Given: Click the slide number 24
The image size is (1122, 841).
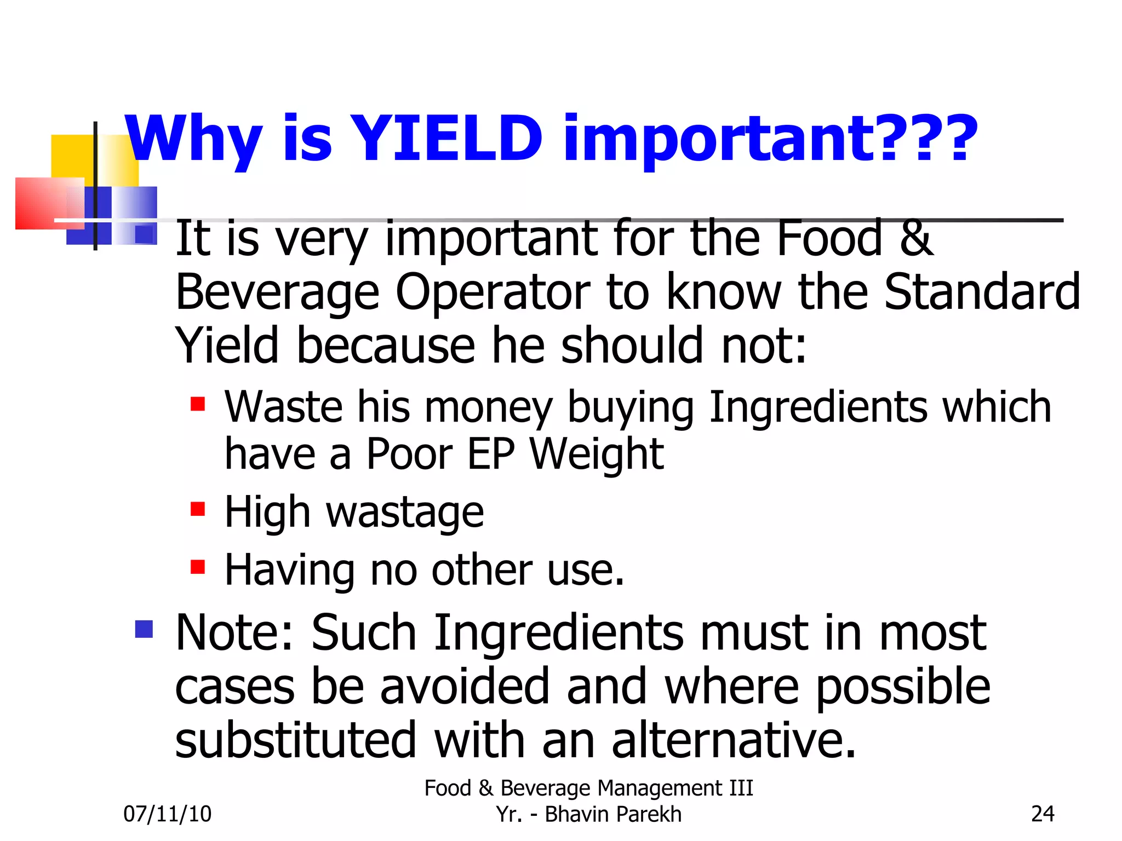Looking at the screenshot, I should [1042, 814].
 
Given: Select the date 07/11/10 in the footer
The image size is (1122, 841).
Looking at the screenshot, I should [167, 814].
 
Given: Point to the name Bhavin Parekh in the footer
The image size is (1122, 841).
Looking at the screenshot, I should [613, 814].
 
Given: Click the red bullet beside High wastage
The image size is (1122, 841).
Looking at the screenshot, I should [197, 509].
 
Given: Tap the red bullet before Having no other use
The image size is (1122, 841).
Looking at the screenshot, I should [197, 567].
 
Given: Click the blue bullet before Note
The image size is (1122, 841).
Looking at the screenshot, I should [144, 629].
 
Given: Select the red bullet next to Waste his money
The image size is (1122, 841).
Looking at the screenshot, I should [197, 405].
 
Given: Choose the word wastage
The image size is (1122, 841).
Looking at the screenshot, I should [405, 512].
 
